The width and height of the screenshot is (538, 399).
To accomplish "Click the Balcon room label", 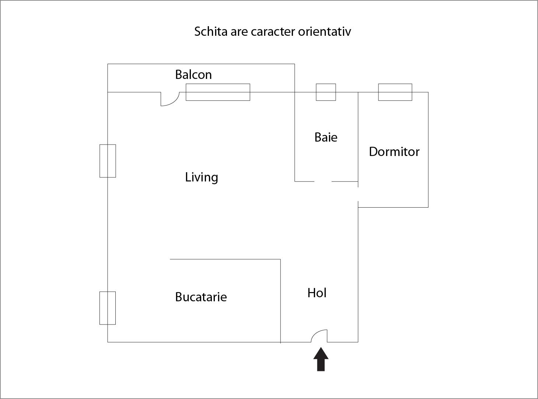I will click(193, 75).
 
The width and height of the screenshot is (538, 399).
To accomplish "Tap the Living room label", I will click(201, 177).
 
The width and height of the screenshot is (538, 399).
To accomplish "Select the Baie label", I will click(326, 138).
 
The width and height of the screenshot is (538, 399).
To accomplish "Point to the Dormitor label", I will click(394, 152).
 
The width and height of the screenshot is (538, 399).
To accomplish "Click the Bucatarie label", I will click(201, 297).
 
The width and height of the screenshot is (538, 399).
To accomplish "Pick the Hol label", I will click(317, 293).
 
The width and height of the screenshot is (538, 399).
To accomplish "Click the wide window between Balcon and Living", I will click(218, 92).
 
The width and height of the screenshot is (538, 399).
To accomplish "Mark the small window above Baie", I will click(326, 92).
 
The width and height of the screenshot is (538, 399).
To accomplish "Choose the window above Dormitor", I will click(395, 92).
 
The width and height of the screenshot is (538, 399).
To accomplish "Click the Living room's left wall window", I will click(108, 161).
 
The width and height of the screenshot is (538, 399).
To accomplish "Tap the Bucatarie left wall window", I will click(108, 308).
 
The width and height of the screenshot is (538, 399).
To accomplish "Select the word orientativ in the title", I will click(324, 32).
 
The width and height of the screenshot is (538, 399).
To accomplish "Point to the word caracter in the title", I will click(273, 32).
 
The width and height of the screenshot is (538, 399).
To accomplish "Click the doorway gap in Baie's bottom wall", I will click(323, 181).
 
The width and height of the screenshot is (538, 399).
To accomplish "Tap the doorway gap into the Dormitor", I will click(358, 194).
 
